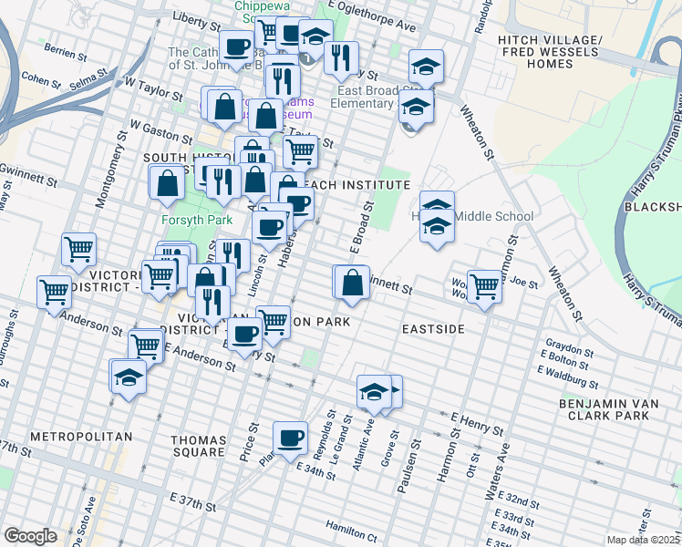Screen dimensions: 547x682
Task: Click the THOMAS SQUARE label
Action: [198, 446]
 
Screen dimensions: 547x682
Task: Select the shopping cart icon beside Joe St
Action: [484, 286]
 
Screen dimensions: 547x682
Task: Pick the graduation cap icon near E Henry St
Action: [374, 392]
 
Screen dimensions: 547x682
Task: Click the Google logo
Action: [30, 536]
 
